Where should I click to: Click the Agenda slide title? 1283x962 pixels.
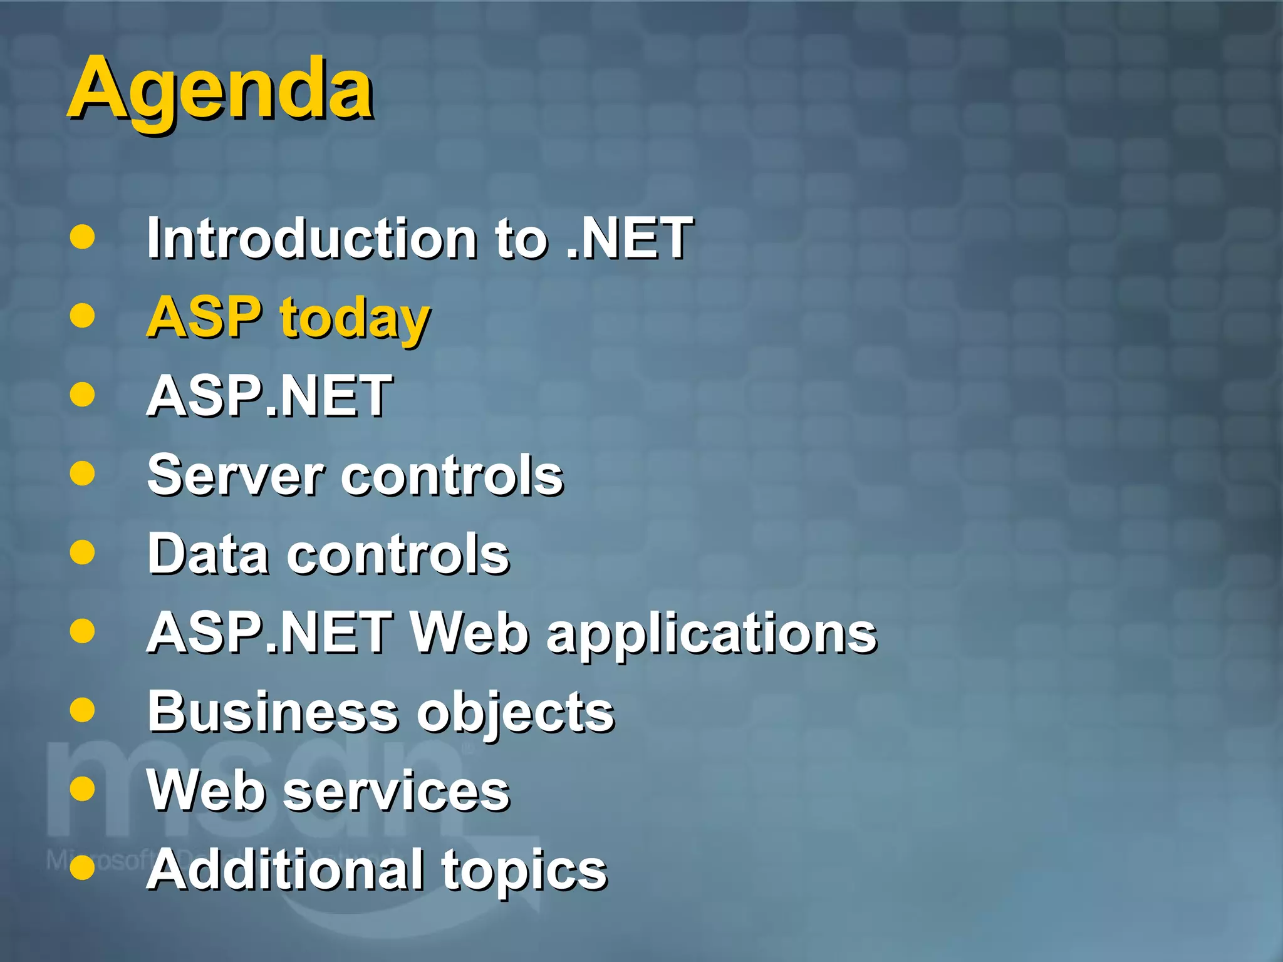click(221, 90)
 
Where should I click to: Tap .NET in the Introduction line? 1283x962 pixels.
click(629, 238)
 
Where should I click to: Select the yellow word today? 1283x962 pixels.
click(355, 319)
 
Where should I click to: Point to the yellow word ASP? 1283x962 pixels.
click(204, 317)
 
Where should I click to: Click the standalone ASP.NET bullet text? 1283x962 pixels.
click(269, 396)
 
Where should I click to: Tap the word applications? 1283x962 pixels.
click(712, 635)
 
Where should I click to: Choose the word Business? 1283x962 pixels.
click(273, 711)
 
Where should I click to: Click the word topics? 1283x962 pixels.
click(524, 872)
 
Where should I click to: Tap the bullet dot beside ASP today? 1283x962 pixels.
click(82, 316)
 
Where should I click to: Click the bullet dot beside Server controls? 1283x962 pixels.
click(82, 473)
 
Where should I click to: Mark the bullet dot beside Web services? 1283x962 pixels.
click(82, 789)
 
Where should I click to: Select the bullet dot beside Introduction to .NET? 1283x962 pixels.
click(82, 237)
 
